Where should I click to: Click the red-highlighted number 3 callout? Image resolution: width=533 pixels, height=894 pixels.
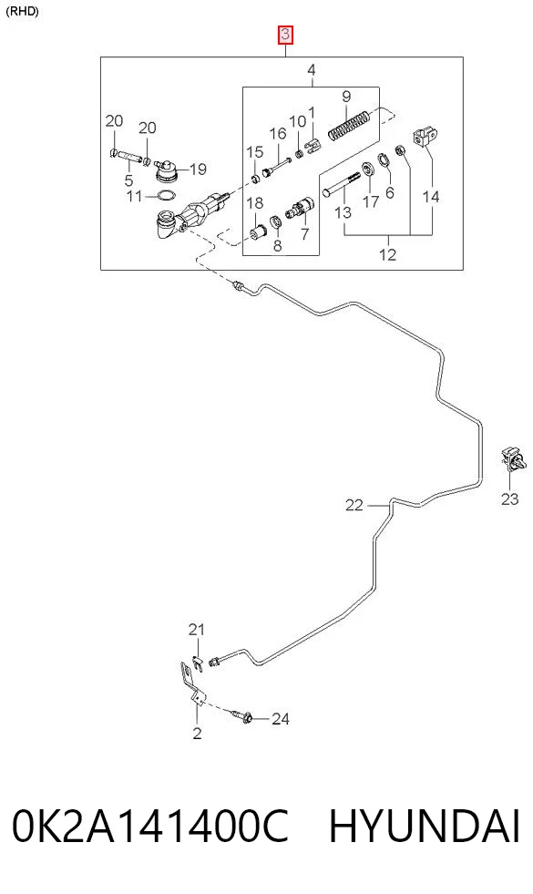[x=285, y=35]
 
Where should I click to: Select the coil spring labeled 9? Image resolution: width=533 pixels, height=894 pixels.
[x=350, y=124]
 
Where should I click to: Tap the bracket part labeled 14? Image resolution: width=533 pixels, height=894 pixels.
[x=425, y=137]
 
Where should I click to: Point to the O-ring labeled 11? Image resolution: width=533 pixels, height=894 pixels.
[x=165, y=196]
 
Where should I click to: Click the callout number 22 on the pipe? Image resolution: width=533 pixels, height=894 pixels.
[x=354, y=505]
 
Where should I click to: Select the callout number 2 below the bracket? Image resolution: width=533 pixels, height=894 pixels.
[x=197, y=733]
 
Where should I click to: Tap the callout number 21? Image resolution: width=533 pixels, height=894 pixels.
[x=196, y=630]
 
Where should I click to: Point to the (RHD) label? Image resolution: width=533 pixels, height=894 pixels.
[x=22, y=12]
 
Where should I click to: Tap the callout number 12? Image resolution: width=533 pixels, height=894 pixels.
[x=387, y=253]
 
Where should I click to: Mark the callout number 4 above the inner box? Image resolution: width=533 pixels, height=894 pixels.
[x=311, y=70]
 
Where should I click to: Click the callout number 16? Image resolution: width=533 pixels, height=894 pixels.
[x=278, y=134]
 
